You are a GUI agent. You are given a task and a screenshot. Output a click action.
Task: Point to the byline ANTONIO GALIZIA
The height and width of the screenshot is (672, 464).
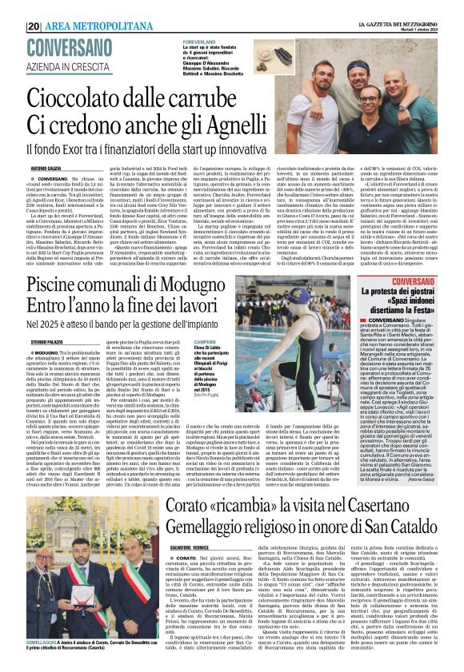[46, 168]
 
